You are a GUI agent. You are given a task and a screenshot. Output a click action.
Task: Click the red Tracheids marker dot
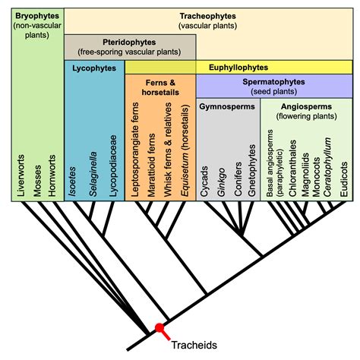[x=159, y=328]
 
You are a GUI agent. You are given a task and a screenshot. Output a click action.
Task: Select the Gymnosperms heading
[x=227, y=106]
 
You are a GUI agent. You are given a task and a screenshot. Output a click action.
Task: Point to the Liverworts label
[x=22, y=176]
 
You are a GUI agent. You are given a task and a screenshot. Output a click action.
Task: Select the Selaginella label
[x=93, y=171]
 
